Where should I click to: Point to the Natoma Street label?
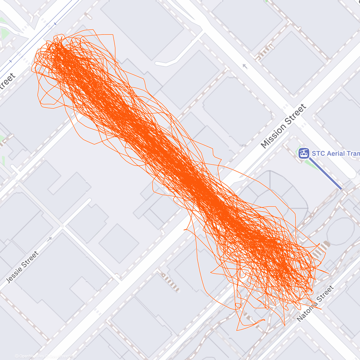pos(315,304)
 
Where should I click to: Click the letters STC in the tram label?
pos(318,154)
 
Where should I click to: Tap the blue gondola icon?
pos(304,153)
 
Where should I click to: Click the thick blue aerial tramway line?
pos(325,174)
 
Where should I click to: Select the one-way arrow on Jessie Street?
pos(49,239)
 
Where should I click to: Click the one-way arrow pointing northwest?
pos(245,66)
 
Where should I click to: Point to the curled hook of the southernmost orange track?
pos(260,321)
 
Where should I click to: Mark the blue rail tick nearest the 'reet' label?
pos(11,61)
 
